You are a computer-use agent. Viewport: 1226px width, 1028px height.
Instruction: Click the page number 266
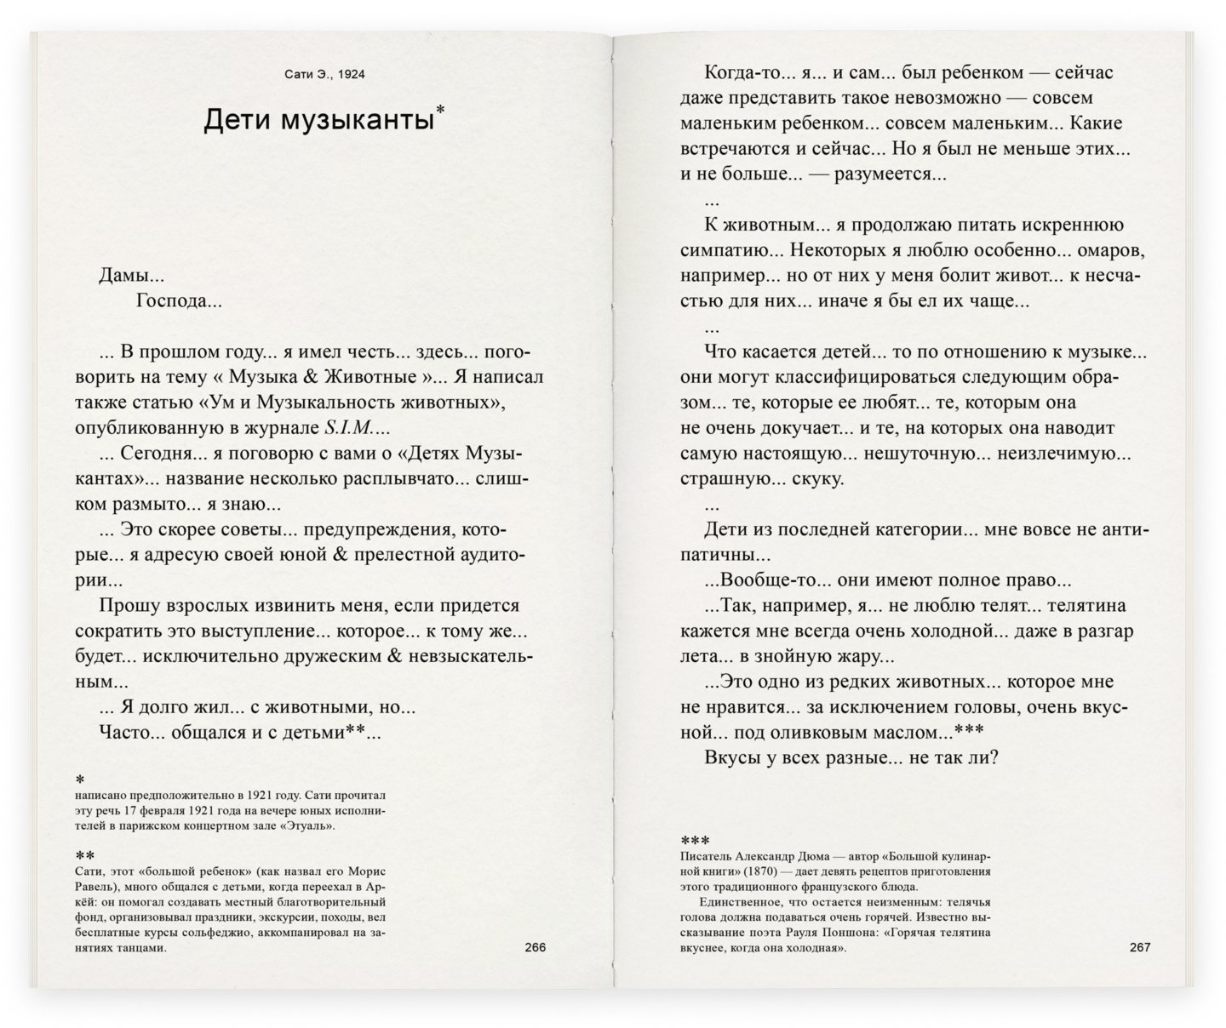point(535,947)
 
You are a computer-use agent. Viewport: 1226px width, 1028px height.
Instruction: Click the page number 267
point(1139,947)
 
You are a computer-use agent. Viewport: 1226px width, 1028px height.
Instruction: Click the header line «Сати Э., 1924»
point(324,74)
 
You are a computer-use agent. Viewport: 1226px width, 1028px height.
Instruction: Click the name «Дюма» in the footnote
point(824,857)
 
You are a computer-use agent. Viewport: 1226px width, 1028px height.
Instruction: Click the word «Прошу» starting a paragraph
point(128,606)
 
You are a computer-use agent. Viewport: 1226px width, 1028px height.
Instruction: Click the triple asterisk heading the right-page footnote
point(695,841)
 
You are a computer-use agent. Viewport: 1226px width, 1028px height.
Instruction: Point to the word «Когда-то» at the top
point(740,73)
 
